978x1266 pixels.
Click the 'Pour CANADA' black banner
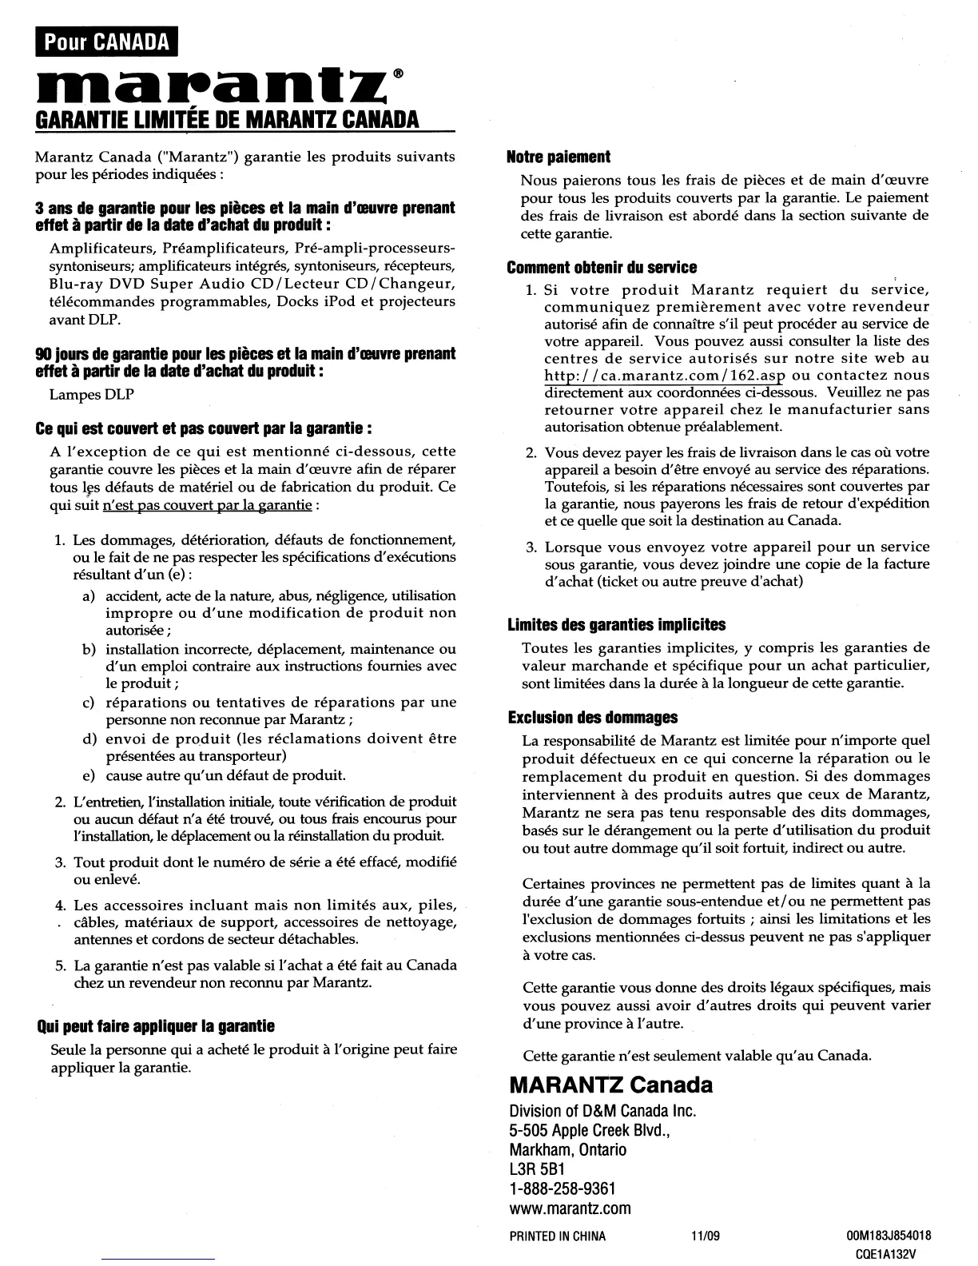point(107,42)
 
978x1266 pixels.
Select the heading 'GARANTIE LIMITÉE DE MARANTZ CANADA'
point(228,120)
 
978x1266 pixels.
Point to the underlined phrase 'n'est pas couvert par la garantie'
point(208,505)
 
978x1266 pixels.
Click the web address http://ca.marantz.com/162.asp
point(665,376)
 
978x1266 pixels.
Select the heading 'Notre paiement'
point(559,157)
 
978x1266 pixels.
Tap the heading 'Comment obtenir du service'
point(602,268)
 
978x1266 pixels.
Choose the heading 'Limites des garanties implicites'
point(617,624)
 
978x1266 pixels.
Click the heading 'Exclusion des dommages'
point(593,718)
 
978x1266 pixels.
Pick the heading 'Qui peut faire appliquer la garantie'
point(156,1025)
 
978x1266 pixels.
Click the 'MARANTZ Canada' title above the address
point(610,1085)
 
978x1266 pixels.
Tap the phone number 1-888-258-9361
point(563,1189)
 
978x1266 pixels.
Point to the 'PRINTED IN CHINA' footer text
point(558,1236)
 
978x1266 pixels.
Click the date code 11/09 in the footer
point(706,1236)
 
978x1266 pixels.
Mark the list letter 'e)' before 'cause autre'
point(89,776)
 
